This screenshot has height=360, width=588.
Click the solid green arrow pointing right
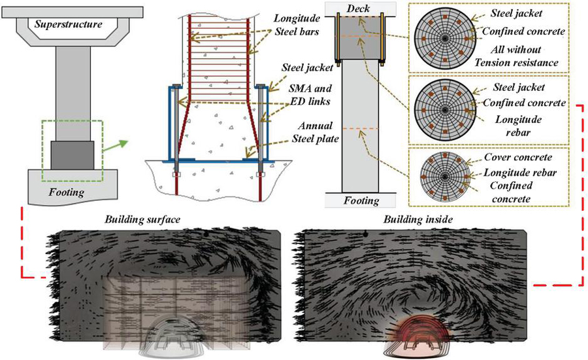coord(114,141)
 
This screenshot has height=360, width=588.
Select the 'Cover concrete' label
coord(519,158)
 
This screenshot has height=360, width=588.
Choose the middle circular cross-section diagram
coord(445,108)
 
